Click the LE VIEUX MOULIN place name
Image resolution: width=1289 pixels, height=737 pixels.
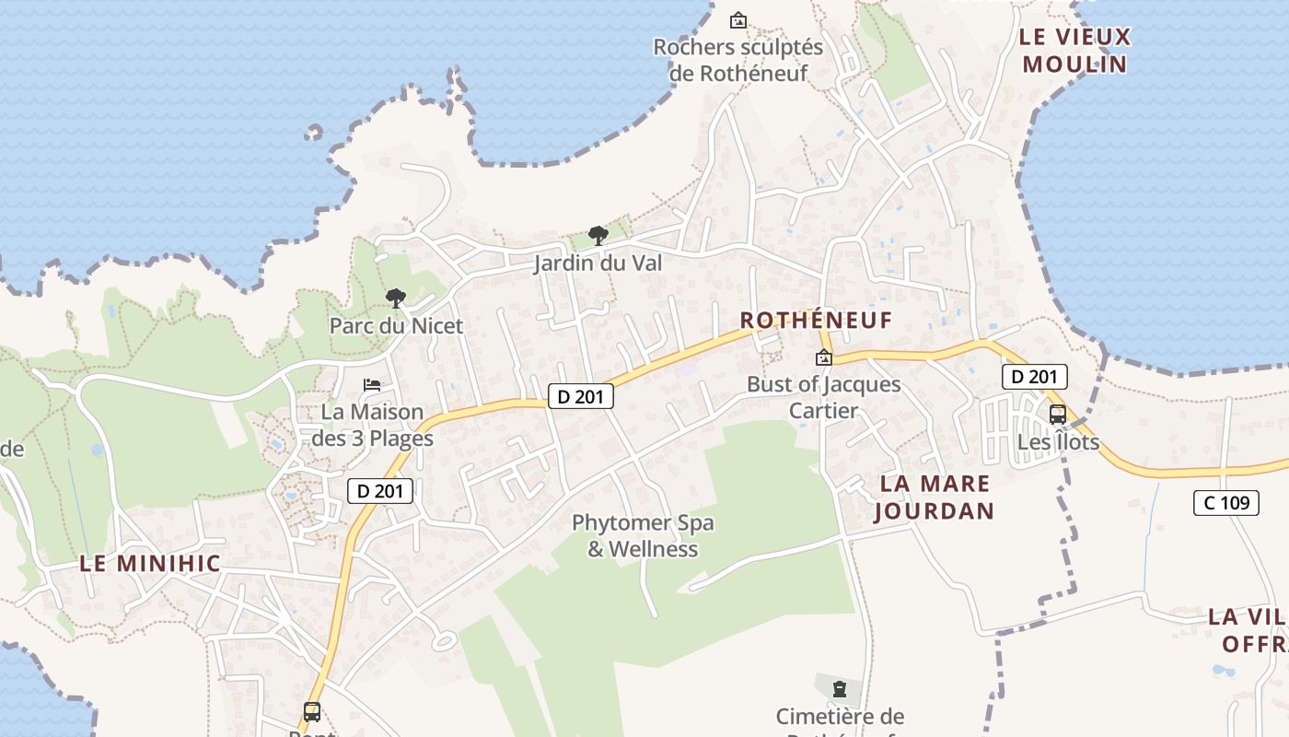pyautogui.click(x=1074, y=51)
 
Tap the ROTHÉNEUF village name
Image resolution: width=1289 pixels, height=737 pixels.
pyautogui.click(x=817, y=320)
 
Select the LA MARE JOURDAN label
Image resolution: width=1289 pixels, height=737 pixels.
pyautogui.click(x=935, y=497)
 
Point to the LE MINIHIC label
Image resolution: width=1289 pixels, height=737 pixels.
pyautogui.click(x=150, y=564)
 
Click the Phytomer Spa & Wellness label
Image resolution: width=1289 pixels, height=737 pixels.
pyautogui.click(x=643, y=536)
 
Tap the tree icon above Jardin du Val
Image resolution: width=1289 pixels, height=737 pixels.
pyautogui.click(x=598, y=235)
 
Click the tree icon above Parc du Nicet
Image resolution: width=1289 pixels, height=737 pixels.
pyautogui.click(x=396, y=298)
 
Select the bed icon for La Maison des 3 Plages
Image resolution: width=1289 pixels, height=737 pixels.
pyautogui.click(x=372, y=384)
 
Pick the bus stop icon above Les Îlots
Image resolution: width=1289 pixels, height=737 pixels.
pyautogui.click(x=1058, y=415)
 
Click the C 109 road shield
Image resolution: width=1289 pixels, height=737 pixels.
pyautogui.click(x=1225, y=502)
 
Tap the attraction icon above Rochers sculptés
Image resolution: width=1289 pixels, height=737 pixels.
pyautogui.click(x=737, y=19)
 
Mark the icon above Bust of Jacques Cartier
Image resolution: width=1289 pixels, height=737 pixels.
pyautogui.click(x=823, y=357)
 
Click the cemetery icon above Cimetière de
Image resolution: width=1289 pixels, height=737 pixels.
pyautogui.click(x=840, y=688)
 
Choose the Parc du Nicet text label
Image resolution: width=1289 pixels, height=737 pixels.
pyautogui.click(x=396, y=326)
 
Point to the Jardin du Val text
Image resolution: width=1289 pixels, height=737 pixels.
pyautogui.click(x=598, y=263)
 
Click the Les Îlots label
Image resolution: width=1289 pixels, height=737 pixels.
pyautogui.click(x=1058, y=442)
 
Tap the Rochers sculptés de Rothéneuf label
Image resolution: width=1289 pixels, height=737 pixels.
pyautogui.click(x=738, y=60)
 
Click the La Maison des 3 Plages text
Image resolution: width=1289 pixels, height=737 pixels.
pyautogui.click(x=372, y=425)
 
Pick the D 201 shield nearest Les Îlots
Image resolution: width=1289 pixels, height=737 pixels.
pyautogui.click(x=1034, y=376)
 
